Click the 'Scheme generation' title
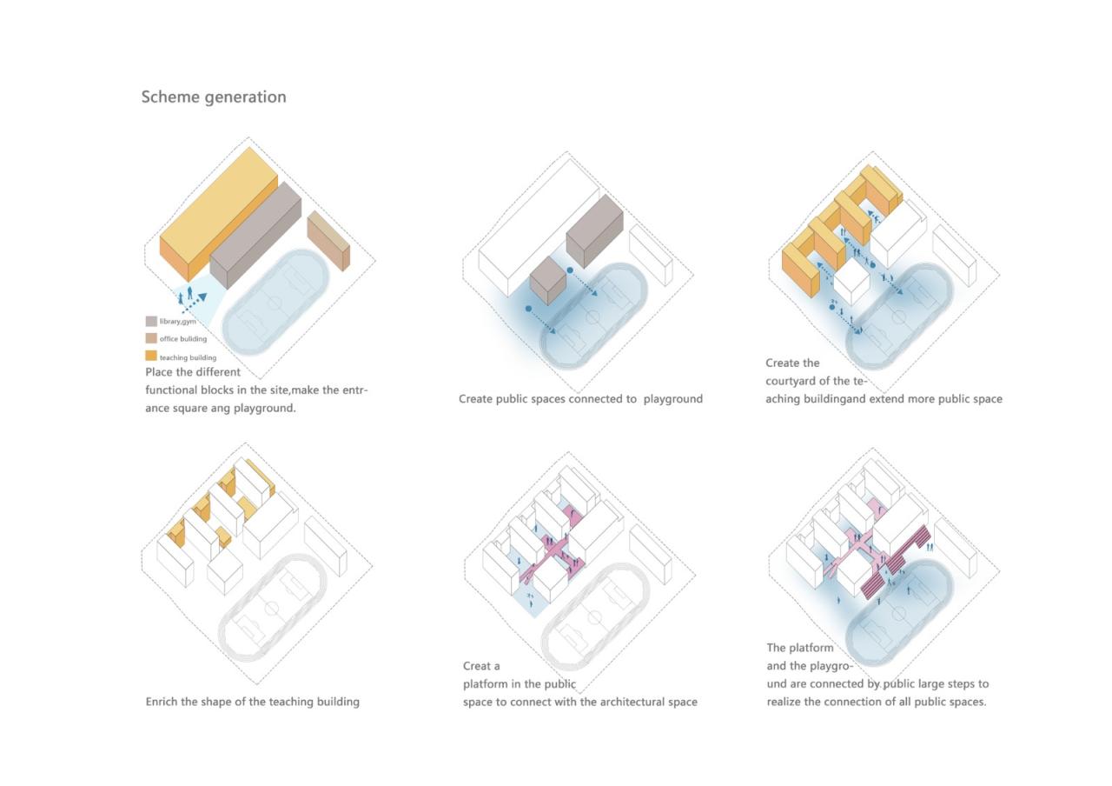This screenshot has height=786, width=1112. (214, 97)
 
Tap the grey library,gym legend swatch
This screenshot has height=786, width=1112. (151, 321)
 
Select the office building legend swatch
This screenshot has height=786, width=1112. (151, 338)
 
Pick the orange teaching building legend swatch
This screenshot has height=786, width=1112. (151, 356)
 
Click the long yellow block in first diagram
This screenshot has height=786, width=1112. (219, 214)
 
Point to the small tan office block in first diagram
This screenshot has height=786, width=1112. (328, 241)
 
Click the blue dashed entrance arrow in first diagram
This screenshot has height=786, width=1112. (195, 303)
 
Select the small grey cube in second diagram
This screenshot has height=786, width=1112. (548, 280)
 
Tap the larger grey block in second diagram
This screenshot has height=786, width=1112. (595, 231)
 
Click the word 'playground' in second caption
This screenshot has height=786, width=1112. (672, 399)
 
